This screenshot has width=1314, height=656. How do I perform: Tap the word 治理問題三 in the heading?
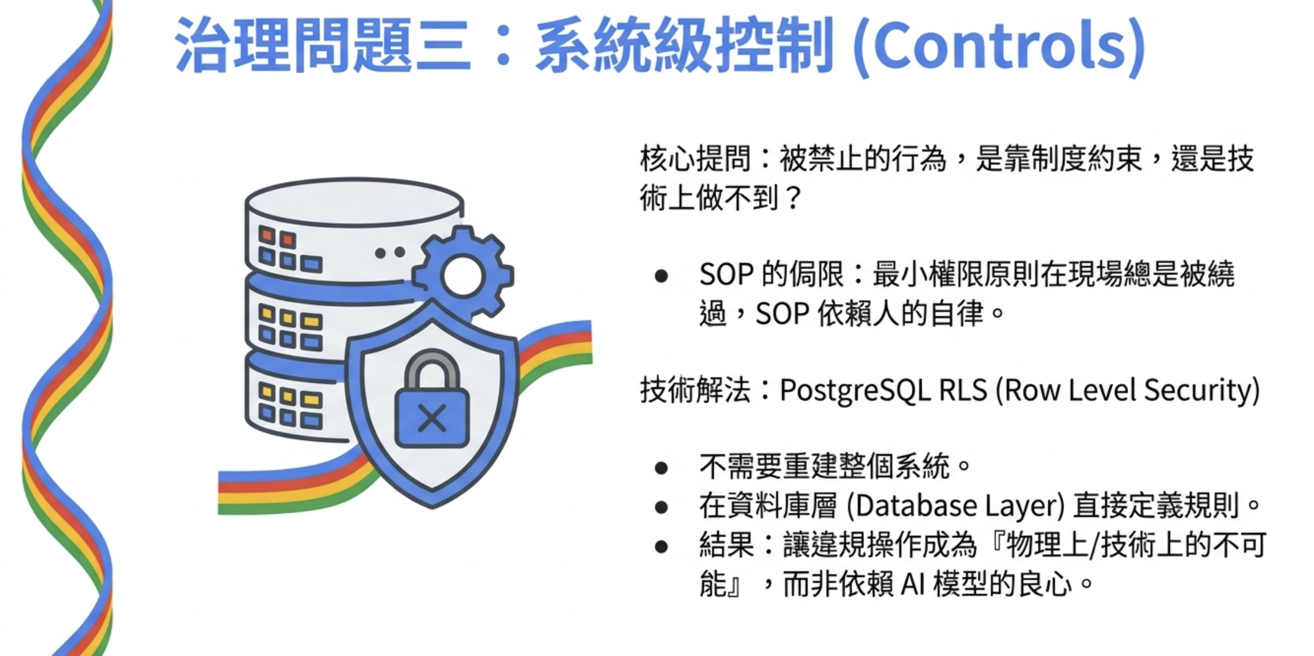(x=322, y=45)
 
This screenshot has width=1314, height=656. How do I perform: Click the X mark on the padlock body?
(x=432, y=418)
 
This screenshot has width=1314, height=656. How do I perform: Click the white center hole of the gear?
(x=462, y=276)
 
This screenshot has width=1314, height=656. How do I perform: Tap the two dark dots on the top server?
(x=390, y=253)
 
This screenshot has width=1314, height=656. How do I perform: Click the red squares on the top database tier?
(x=277, y=237)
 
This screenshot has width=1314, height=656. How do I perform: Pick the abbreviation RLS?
(x=963, y=390)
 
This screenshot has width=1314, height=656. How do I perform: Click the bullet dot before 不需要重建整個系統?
(x=661, y=468)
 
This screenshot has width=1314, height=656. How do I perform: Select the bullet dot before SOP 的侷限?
(x=661, y=276)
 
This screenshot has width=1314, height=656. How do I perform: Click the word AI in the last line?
(x=913, y=584)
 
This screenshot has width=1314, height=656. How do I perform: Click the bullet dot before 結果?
(x=661, y=546)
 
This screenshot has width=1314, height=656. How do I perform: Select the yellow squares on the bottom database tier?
(x=289, y=396)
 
